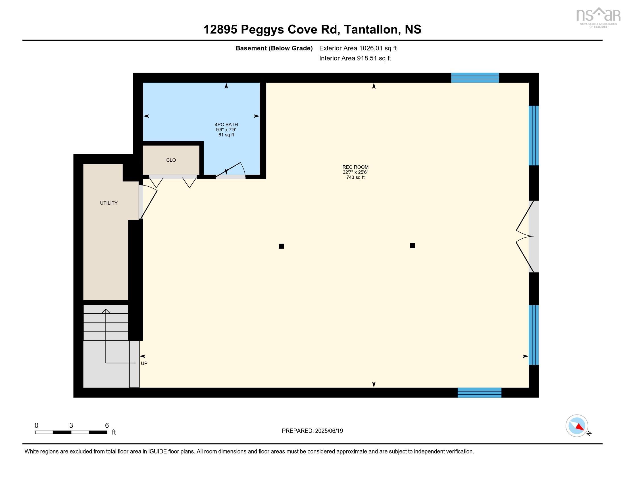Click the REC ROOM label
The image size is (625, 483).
[355, 167]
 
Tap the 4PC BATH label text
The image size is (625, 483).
[226, 124]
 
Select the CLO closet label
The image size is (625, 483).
[171, 160]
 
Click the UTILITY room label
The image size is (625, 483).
[109, 203]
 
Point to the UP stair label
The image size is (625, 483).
[144, 363]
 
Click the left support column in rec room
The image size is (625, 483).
[281, 246]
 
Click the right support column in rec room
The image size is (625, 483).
[413, 245]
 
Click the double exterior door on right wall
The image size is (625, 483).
[526, 236]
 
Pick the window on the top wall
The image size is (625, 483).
[475, 78]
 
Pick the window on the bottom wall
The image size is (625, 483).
[479, 393]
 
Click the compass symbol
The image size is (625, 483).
[577, 426]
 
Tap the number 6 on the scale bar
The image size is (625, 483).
[107, 426]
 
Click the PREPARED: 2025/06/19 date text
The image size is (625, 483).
[312, 431]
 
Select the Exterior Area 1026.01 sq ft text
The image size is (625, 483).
[358, 48]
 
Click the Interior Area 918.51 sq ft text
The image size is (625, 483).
[355, 58]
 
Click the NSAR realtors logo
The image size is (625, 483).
[598, 17]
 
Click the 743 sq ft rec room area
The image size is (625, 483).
[355, 177]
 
